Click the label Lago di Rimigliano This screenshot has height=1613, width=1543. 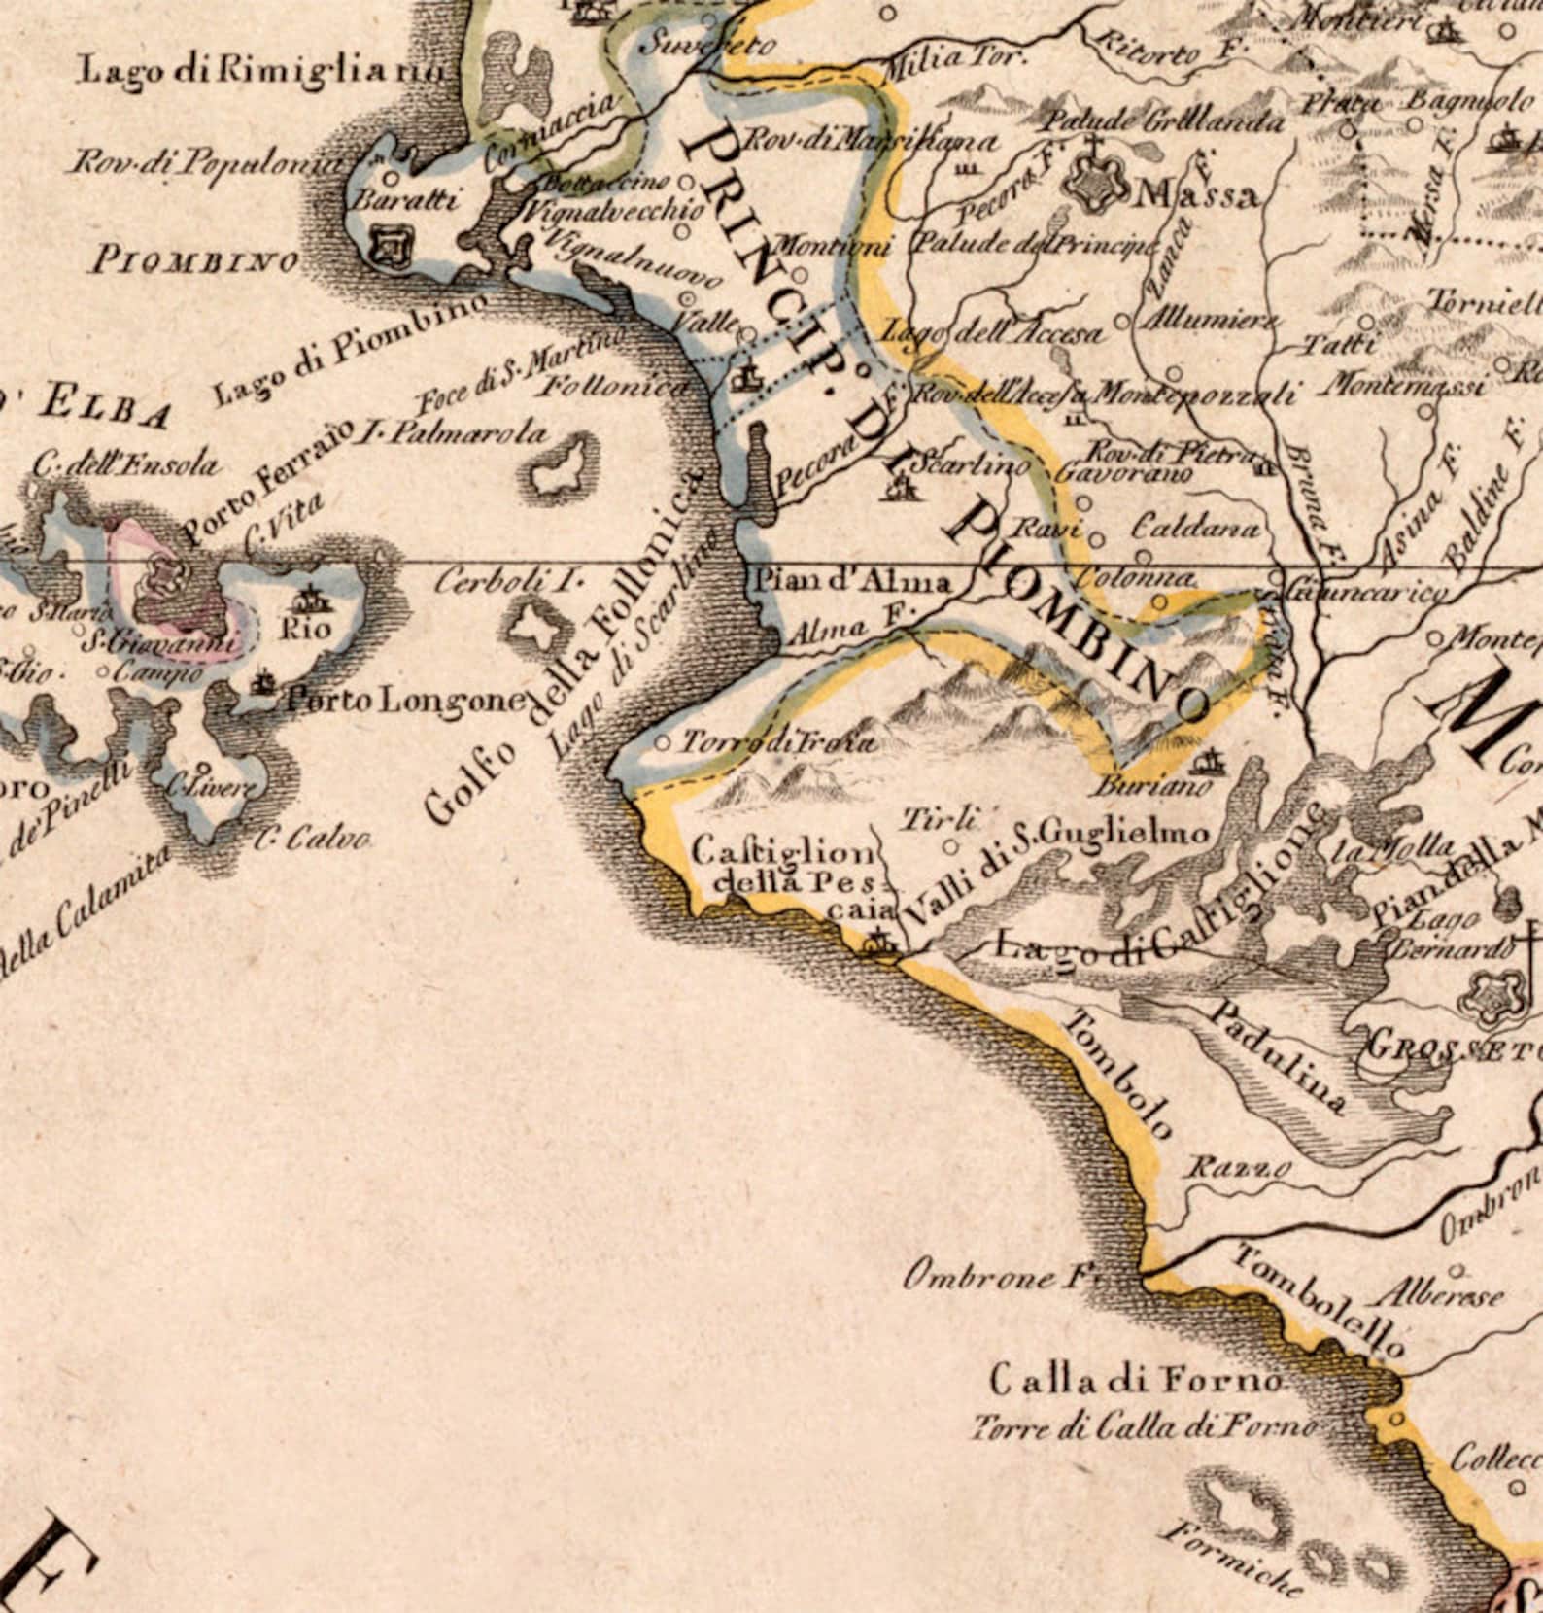coord(262,70)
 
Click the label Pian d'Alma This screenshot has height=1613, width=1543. coord(852,582)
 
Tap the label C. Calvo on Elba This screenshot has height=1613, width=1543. coord(313,838)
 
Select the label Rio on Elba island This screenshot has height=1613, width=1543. coord(304,629)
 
